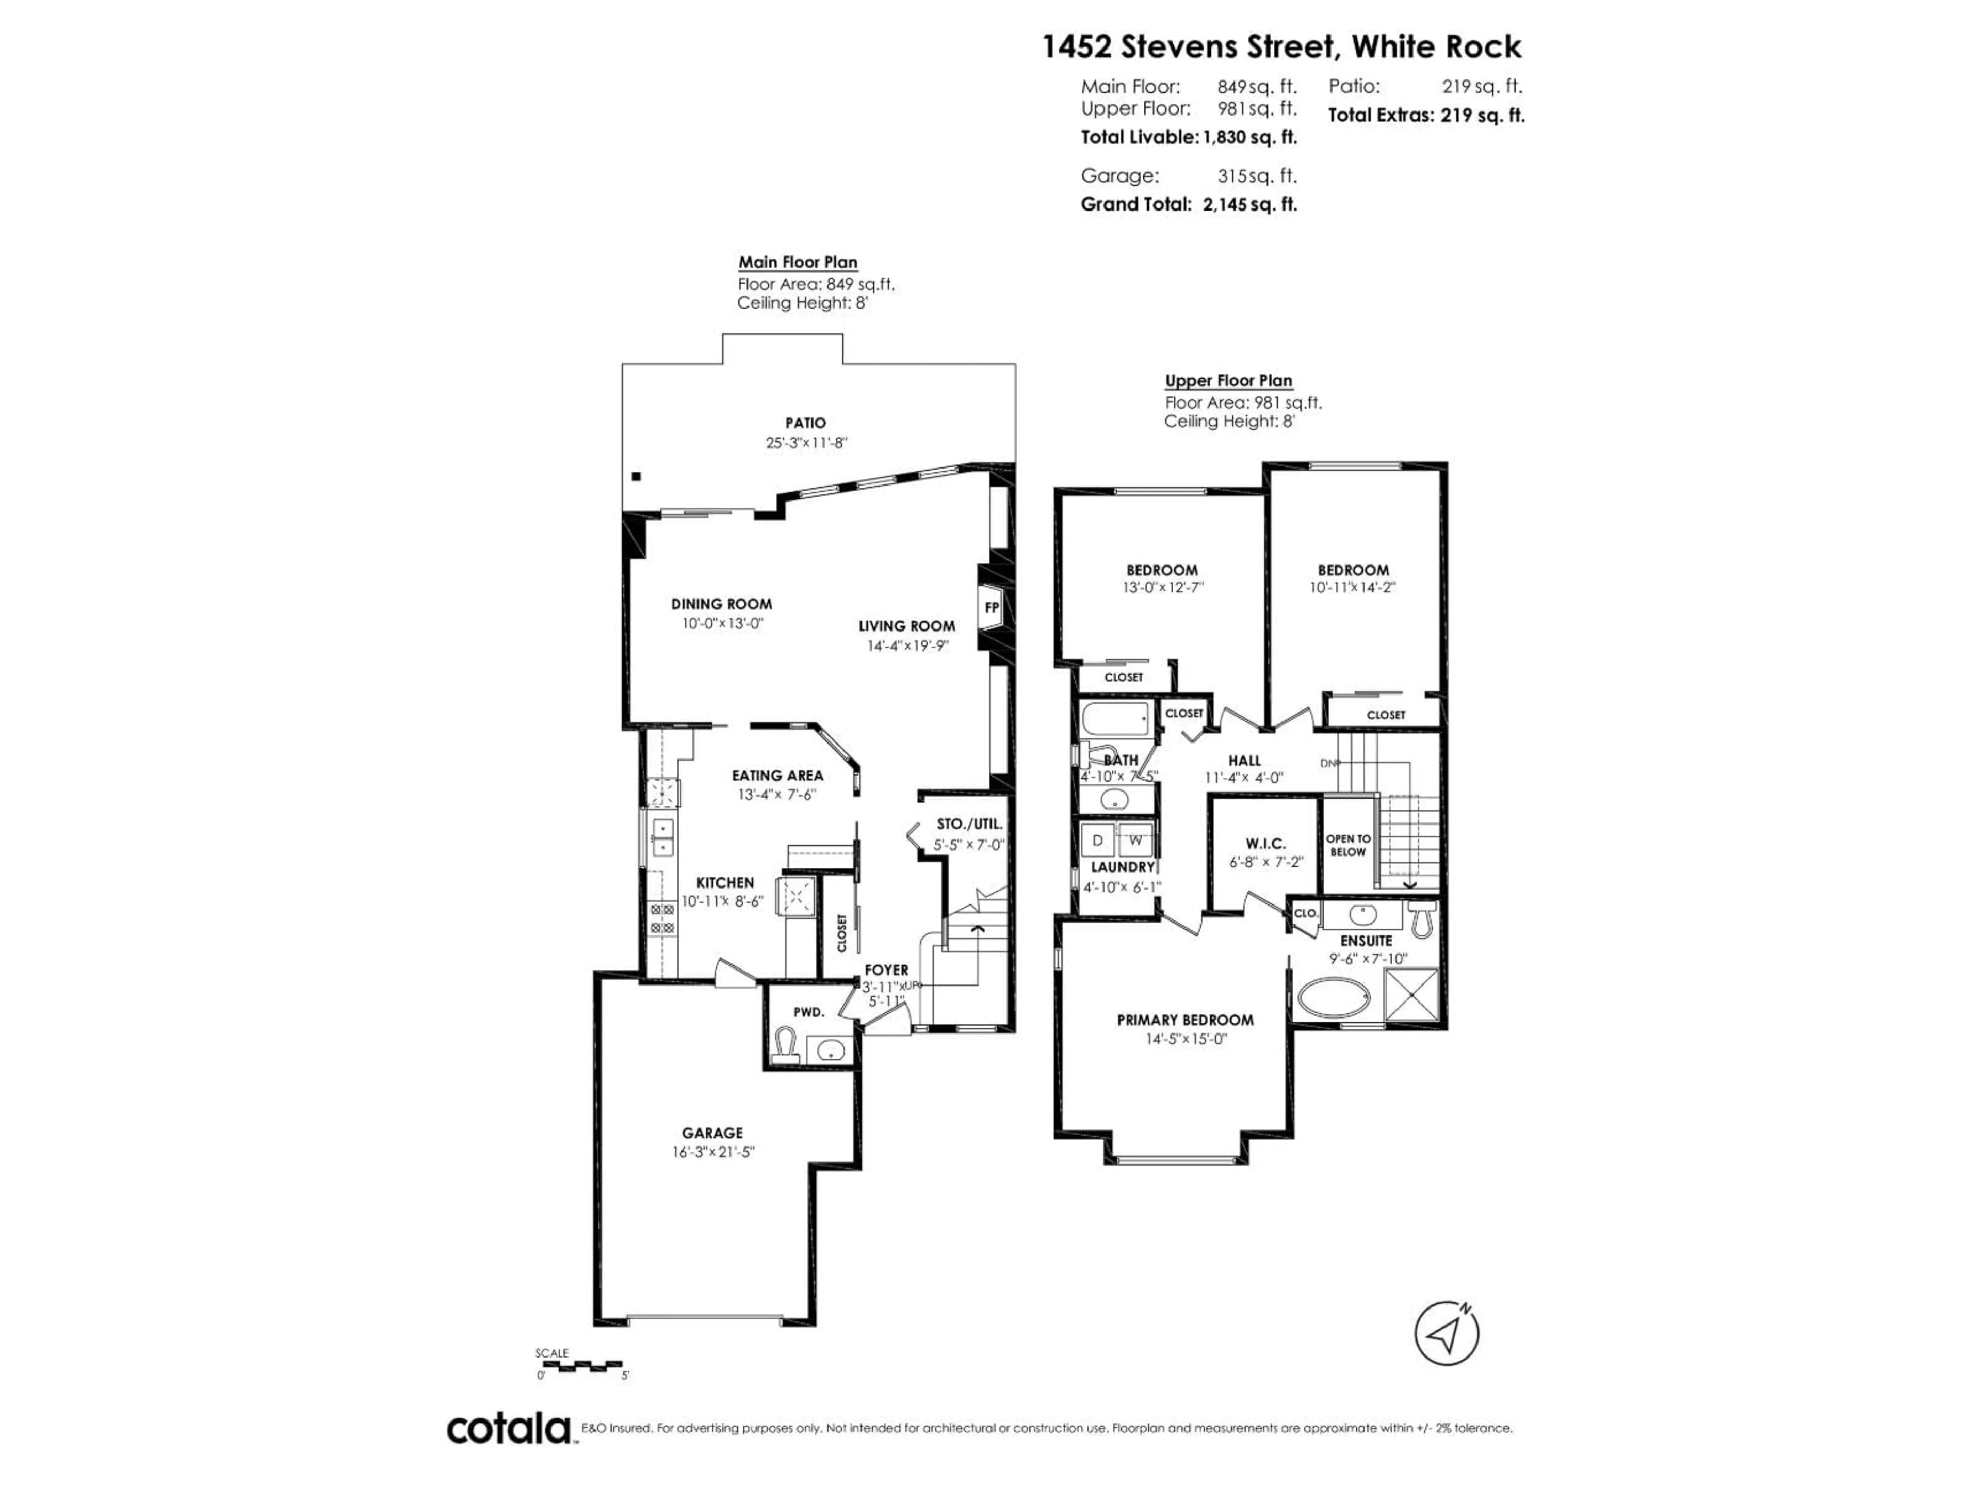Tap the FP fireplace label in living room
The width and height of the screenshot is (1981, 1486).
[992, 607]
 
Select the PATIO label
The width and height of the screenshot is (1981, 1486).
[805, 423]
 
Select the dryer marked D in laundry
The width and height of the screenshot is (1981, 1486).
[1097, 840]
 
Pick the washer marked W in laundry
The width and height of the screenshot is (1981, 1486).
[1135, 840]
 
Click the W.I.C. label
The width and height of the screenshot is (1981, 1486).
[1265, 844]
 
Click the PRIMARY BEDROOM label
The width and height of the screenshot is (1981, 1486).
[1185, 1020]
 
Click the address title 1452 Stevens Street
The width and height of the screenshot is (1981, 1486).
[1280, 46]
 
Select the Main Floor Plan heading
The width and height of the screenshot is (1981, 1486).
[797, 263]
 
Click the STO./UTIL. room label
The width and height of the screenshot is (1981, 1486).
[969, 824]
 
